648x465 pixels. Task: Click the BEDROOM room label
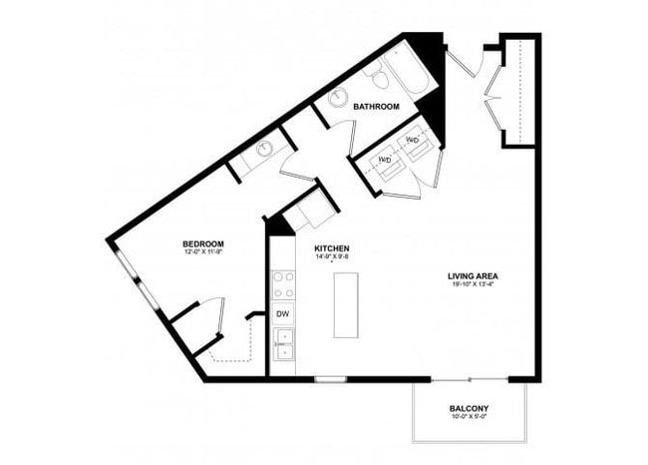point(202,244)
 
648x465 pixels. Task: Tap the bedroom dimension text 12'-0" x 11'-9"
point(202,253)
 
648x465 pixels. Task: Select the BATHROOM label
point(376,107)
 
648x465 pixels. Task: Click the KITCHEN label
point(331,248)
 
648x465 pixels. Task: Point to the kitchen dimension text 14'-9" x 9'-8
point(331,257)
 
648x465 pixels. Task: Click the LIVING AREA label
point(474,276)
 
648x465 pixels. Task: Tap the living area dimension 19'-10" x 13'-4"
point(474,285)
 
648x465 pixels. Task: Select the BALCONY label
point(468,409)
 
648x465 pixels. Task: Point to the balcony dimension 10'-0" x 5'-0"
point(468,419)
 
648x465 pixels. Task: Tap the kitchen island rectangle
point(345,303)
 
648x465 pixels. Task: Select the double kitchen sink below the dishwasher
point(284,344)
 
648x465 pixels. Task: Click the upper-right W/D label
point(413,140)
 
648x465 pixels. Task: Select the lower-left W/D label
point(384,160)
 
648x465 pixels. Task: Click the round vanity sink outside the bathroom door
point(264,151)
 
